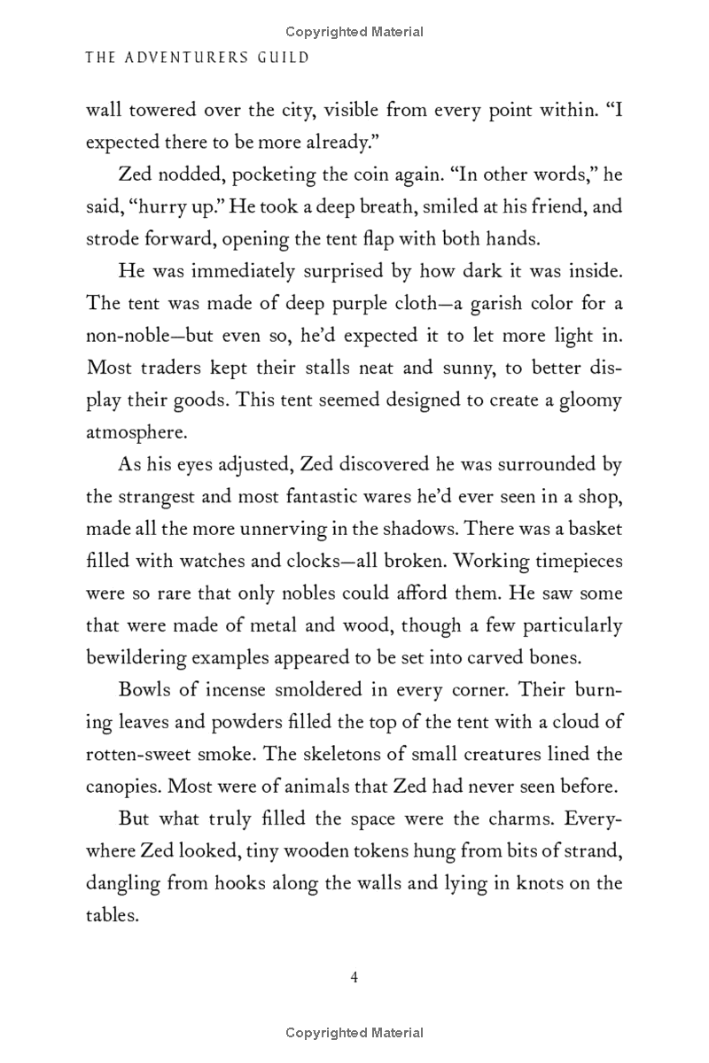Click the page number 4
click(354, 977)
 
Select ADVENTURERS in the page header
click(184, 58)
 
